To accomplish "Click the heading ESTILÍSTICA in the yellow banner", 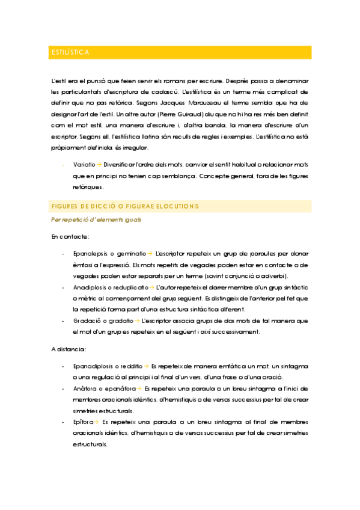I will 70,53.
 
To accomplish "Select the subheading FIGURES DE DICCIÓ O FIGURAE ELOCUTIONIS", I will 126,206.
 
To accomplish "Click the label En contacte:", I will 70,236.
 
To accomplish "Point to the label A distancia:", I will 70,348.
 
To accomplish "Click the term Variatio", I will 84,164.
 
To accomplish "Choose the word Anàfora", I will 84,389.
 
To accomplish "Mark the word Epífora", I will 83,423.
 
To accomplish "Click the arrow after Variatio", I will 99,164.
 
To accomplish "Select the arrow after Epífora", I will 97,423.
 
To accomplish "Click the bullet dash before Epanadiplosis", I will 64,366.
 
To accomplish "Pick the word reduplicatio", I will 127,287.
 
